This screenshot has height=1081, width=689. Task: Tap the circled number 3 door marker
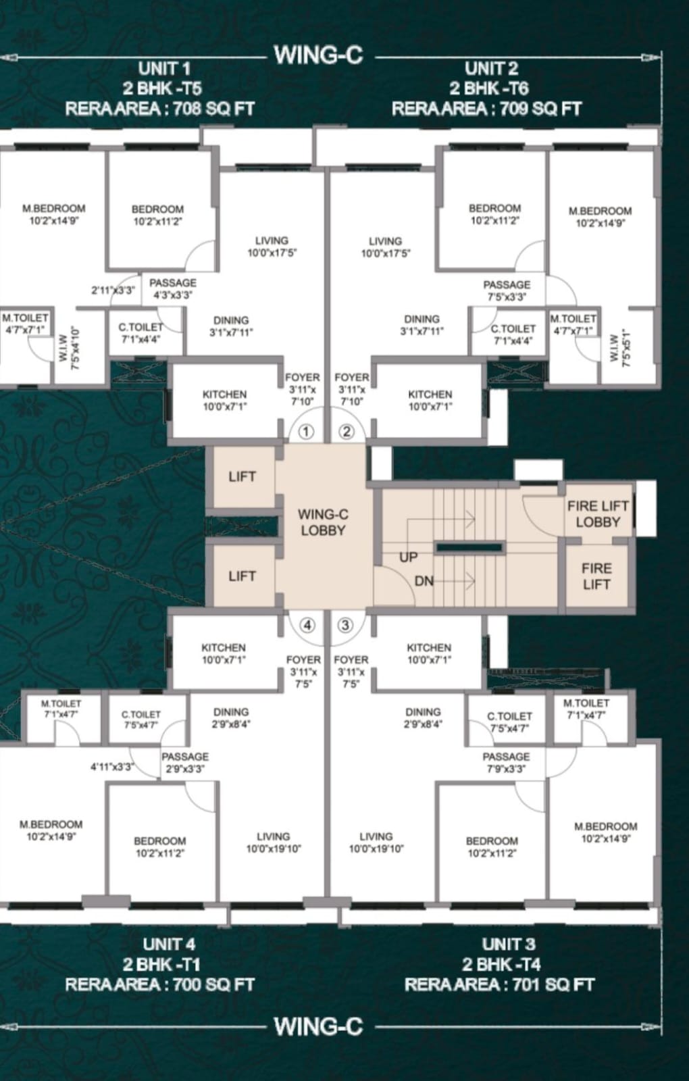tap(345, 626)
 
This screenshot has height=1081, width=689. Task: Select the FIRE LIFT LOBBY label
tap(598, 514)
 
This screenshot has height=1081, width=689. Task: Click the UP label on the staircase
tap(408, 557)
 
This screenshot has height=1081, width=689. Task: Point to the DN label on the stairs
tap(424, 582)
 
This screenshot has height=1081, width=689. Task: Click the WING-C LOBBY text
tap(323, 523)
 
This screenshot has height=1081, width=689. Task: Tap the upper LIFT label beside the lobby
tap(243, 477)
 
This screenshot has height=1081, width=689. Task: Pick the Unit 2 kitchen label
tap(430, 395)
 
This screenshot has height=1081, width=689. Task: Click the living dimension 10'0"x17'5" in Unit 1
tap(272, 253)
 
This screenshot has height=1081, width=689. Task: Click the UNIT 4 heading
tap(170, 944)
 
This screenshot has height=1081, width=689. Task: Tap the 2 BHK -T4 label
tap(501, 964)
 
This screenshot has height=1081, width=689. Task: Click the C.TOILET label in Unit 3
tap(509, 716)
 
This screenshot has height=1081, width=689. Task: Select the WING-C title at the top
tap(318, 55)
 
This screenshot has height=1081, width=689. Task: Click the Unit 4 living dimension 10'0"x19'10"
tap(274, 849)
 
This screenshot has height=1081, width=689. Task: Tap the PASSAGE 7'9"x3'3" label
tap(506, 763)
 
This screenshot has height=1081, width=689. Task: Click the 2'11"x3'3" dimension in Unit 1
tap(113, 291)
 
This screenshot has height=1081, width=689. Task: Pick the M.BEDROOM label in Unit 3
tap(605, 827)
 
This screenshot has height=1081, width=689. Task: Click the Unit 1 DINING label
tap(231, 320)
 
